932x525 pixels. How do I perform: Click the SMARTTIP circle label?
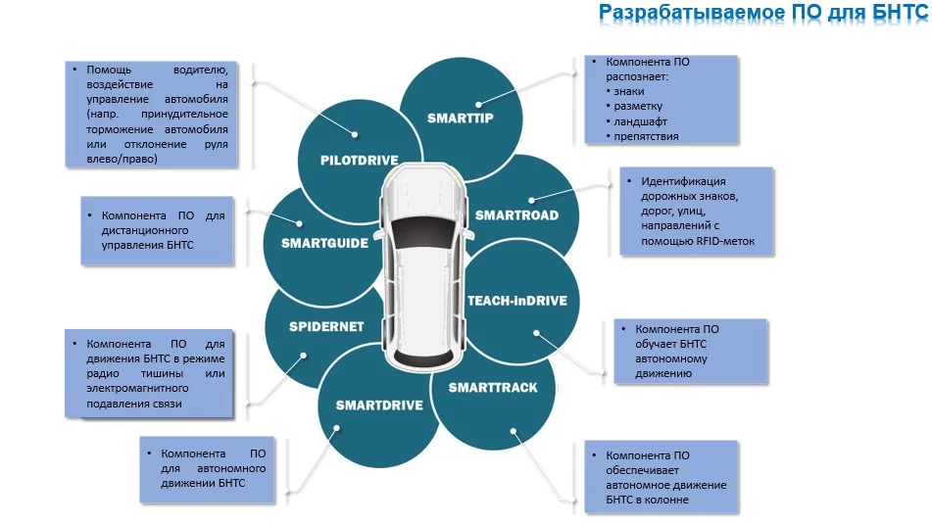(460, 119)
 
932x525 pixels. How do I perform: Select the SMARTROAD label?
(516, 215)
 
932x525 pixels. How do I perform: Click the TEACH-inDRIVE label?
(516, 301)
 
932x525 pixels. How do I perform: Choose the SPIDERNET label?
(326, 326)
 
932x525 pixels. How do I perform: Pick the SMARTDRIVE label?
(379, 405)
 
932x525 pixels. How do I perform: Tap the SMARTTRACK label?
(493, 388)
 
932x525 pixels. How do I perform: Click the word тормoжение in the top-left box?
(116, 129)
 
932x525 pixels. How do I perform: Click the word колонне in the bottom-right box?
(666, 500)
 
